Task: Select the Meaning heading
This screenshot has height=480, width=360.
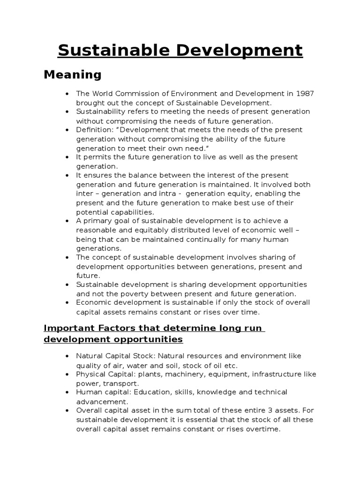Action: (72, 75)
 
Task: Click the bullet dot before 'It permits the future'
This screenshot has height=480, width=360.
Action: (67, 157)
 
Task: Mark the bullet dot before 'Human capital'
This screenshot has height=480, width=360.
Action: (67, 392)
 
